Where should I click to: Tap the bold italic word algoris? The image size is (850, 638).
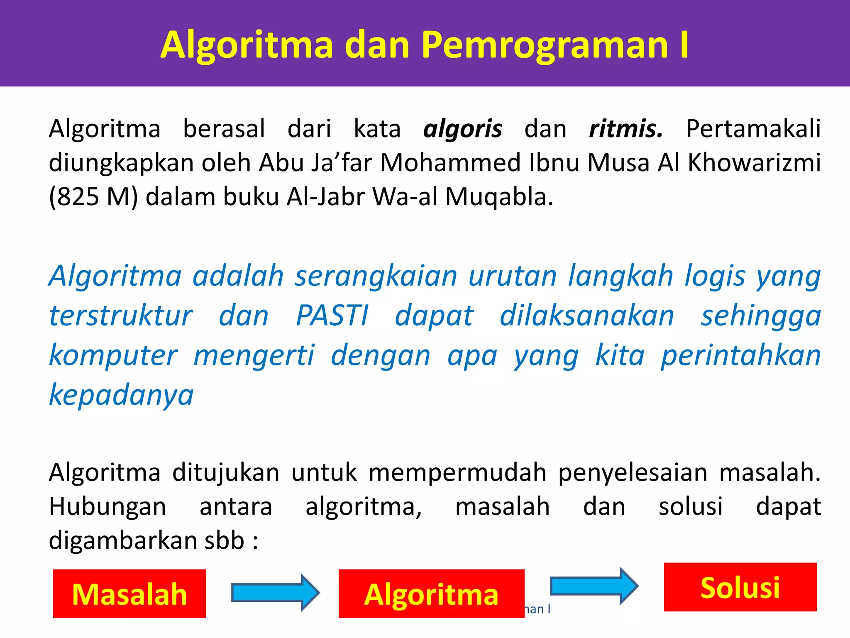[x=462, y=129]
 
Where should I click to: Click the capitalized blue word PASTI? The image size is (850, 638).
[x=332, y=316]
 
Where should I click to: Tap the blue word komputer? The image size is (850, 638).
[x=113, y=356]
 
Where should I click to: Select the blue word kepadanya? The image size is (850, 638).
[x=121, y=395]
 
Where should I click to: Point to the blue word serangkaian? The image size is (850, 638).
[x=376, y=276]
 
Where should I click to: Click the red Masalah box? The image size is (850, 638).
[x=129, y=594]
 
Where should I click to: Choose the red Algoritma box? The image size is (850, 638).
[x=431, y=594]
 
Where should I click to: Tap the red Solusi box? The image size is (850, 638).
[x=740, y=587]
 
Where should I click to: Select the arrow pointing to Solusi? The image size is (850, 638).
[x=594, y=586]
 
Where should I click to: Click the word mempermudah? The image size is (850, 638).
[x=457, y=473]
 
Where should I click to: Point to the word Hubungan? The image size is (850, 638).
[x=107, y=507]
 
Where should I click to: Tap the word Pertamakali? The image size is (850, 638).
[x=753, y=129]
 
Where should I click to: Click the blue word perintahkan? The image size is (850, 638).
[x=741, y=356]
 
